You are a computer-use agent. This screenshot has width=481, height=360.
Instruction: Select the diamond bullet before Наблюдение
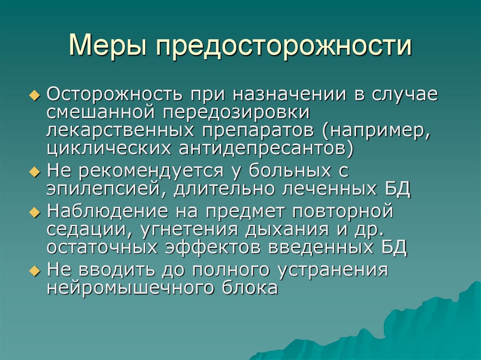pos(39,212)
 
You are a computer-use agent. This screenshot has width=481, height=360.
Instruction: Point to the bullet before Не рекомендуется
pos(39,172)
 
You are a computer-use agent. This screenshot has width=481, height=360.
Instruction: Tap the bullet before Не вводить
pos(39,271)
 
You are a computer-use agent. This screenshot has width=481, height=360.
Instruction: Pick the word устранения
pos(341,271)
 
